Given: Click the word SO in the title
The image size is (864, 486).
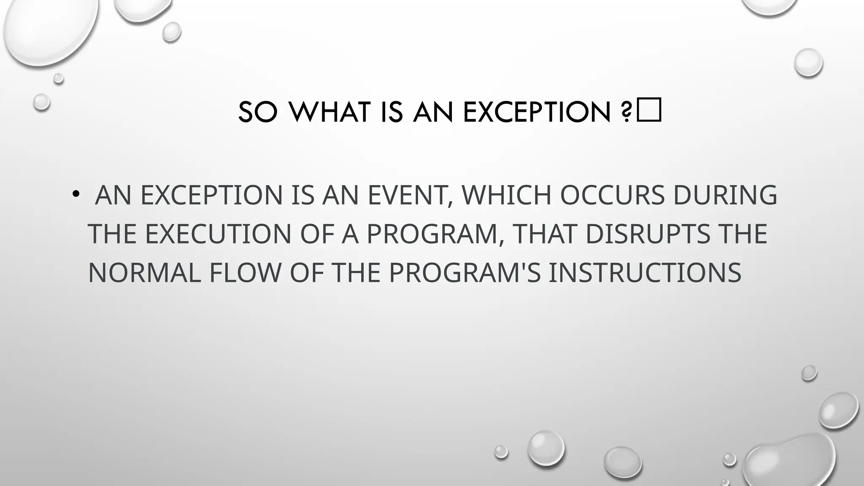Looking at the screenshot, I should [x=258, y=112].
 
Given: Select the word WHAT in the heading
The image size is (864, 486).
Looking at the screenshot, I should [x=329, y=112].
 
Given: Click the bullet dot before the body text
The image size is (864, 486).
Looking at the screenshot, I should [x=76, y=194].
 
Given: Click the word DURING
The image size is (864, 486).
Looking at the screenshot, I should [x=725, y=195].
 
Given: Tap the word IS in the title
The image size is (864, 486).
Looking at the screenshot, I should [x=391, y=112].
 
